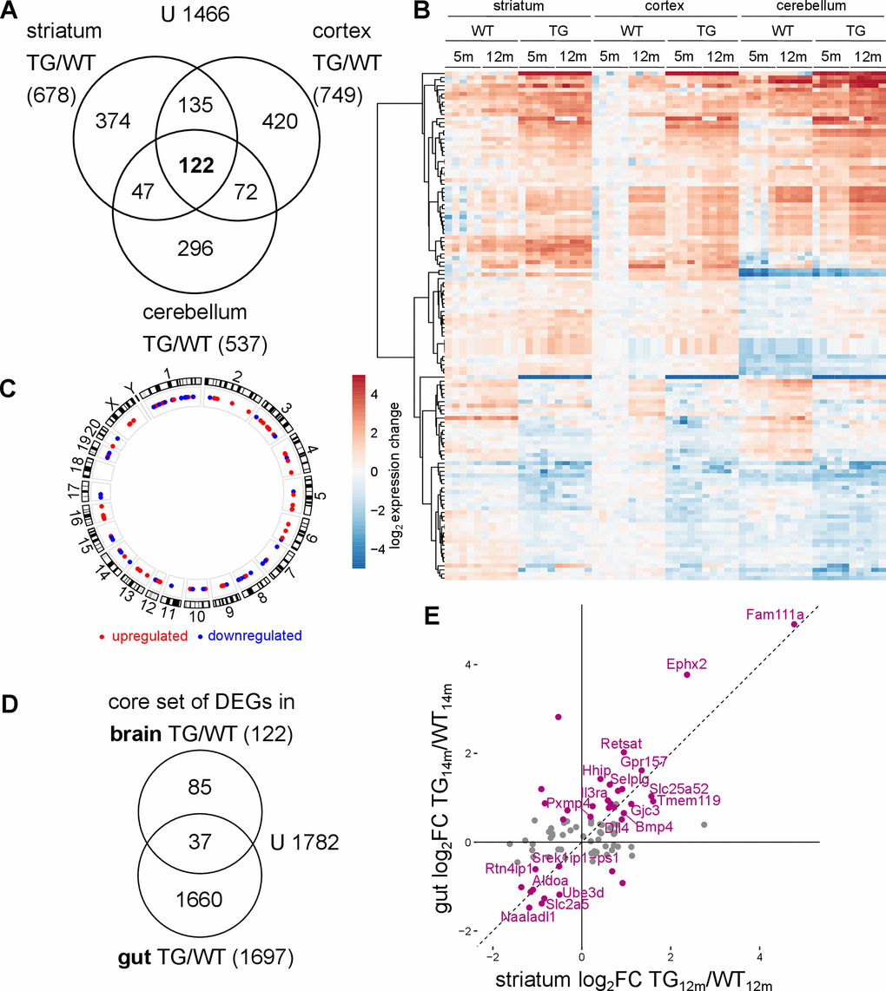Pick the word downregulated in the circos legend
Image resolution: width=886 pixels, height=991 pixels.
[x=256, y=635]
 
